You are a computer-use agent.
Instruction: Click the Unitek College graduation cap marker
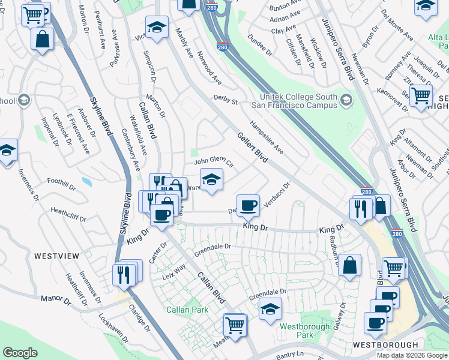click(346, 100)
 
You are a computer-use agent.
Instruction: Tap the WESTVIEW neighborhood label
click(56, 256)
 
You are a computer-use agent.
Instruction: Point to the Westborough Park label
click(296, 331)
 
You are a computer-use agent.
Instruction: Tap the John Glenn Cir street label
click(212, 163)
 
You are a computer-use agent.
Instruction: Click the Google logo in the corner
click(20, 353)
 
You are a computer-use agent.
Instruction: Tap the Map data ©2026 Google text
click(412, 355)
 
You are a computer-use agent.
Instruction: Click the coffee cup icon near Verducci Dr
click(248, 205)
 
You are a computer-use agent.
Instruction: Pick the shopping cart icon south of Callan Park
click(235, 325)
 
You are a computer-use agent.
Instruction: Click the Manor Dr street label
click(56, 298)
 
